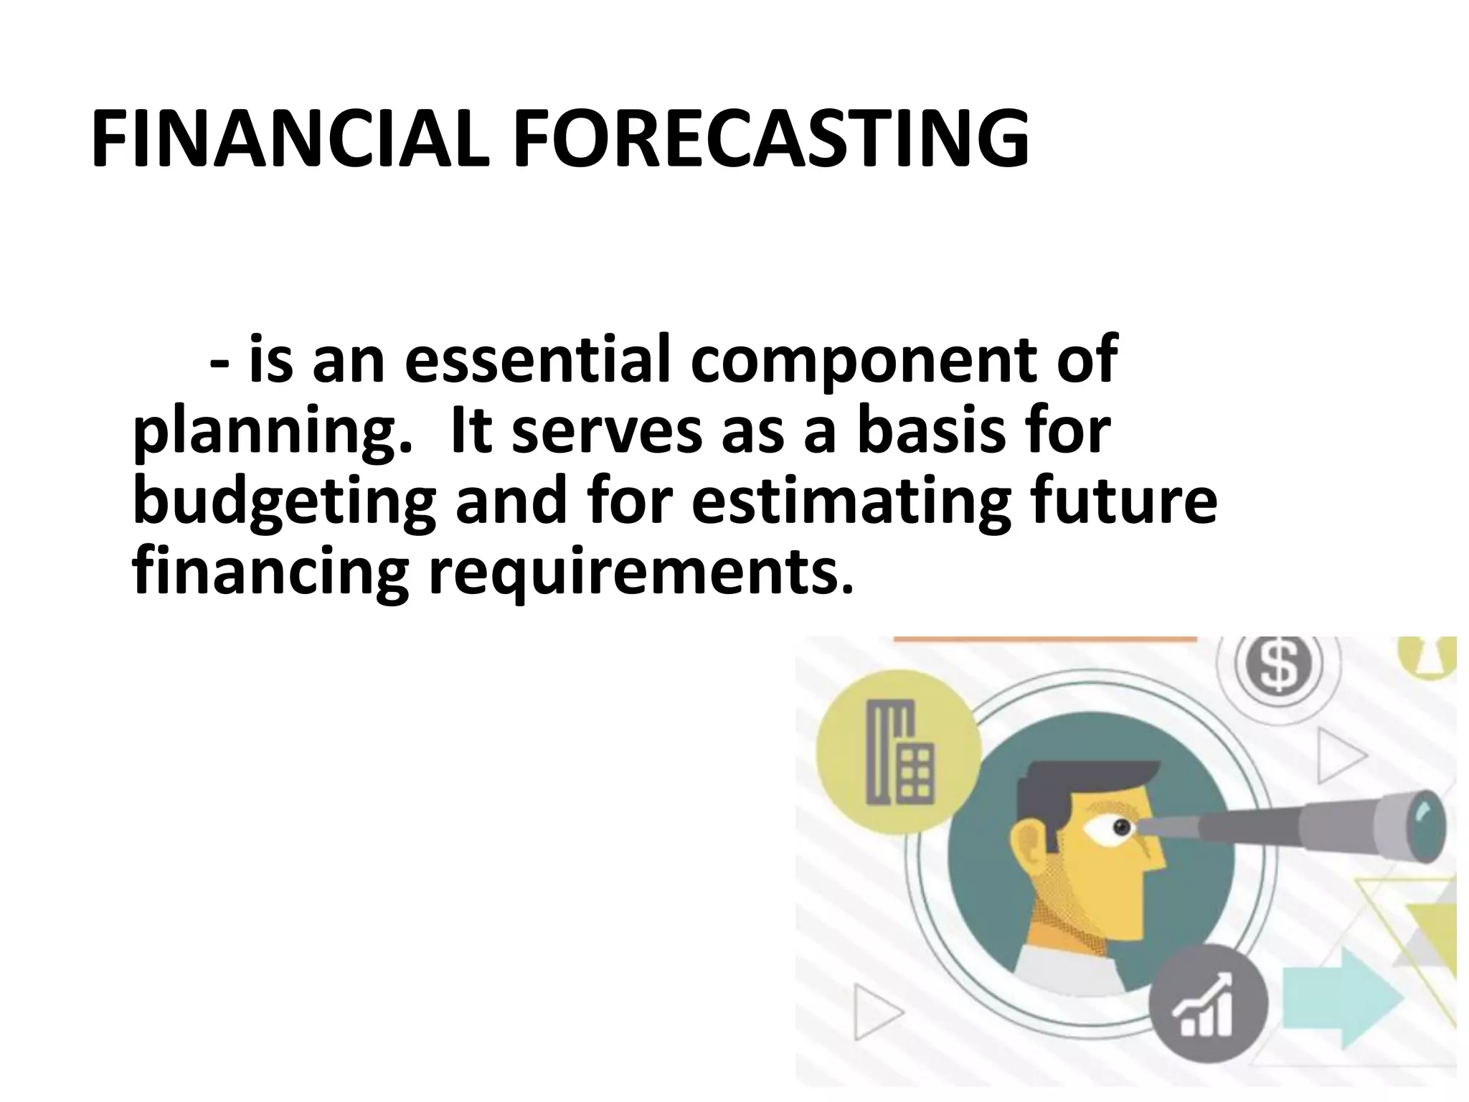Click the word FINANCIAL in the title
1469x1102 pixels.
[x=291, y=140]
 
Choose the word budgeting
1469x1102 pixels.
[x=283, y=502]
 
